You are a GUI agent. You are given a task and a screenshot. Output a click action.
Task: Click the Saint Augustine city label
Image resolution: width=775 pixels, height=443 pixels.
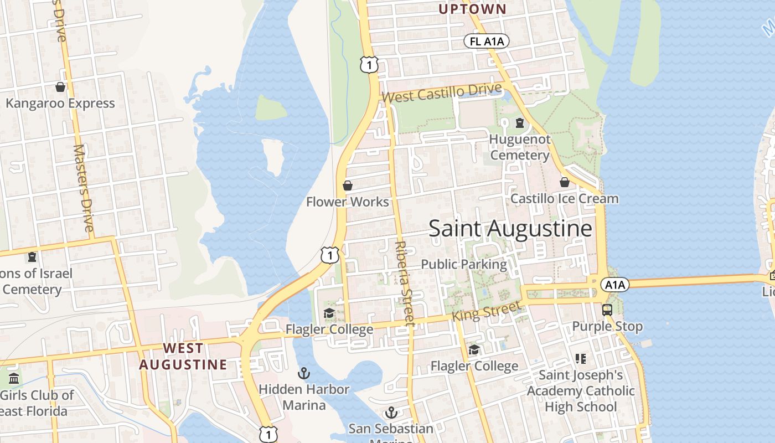pyautogui.click(x=510, y=229)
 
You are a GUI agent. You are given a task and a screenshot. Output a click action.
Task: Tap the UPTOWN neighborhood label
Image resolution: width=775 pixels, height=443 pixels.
pyautogui.click(x=472, y=9)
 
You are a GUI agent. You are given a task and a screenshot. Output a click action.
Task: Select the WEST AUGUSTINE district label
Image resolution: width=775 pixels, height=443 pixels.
pyautogui.click(x=183, y=356)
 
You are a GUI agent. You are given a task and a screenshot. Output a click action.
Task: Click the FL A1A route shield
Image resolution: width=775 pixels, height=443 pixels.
pyautogui.click(x=487, y=42)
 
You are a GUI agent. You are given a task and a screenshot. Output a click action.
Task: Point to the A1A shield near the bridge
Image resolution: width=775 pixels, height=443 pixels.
pyautogui.click(x=615, y=285)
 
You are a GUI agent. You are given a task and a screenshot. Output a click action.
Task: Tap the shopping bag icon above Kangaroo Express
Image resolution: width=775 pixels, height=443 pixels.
pyautogui.click(x=60, y=87)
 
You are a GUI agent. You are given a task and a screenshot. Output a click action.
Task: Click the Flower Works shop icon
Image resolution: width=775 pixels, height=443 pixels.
pyautogui.click(x=348, y=186)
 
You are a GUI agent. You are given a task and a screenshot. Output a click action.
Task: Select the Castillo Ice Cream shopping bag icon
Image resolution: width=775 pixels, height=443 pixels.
pyautogui.click(x=565, y=182)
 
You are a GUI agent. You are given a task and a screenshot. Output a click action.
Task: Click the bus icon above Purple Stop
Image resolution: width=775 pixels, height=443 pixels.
pyautogui.click(x=607, y=310)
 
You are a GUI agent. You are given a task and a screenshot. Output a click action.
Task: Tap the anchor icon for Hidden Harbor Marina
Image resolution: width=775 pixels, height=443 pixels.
pyautogui.click(x=303, y=373)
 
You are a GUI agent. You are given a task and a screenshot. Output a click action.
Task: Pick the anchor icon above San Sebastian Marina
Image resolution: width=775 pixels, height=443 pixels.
pyautogui.click(x=391, y=413)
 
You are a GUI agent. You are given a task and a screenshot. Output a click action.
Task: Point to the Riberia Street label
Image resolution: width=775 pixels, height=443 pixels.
pyautogui.click(x=405, y=282)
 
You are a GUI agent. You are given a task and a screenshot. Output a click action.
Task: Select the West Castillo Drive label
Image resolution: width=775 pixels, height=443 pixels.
pyautogui.click(x=442, y=93)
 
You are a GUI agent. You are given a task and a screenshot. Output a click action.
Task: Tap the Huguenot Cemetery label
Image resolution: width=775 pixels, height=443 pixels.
pyautogui.click(x=520, y=147)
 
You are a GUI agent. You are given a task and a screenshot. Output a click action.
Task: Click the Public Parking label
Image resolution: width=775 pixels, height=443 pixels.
pyautogui.click(x=464, y=265)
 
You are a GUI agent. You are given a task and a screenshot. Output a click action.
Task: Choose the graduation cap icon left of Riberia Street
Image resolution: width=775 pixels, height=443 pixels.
pyautogui.click(x=329, y=313)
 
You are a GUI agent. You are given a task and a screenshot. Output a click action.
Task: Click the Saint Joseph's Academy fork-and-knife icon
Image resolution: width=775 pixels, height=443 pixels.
pyautogui.click(x=580, y=359)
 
